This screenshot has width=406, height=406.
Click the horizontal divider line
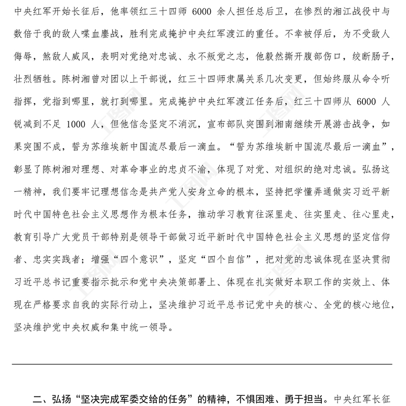(x=203, y=364)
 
